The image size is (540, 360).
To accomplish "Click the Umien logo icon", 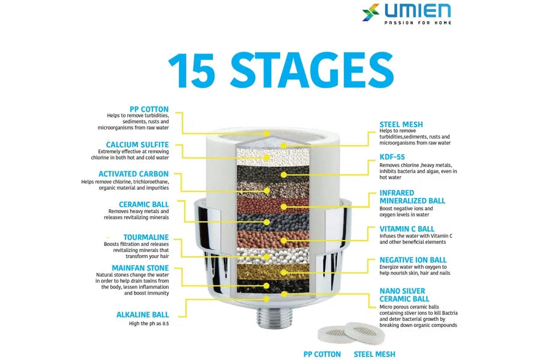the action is point(371,13).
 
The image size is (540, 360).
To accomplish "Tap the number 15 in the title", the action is point(191,71).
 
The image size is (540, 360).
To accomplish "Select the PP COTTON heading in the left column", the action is point(149,109).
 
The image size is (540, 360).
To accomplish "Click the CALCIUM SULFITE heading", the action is point(137,145).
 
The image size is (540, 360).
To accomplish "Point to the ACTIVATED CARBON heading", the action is point(134,174).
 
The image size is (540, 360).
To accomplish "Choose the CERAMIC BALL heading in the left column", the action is point(144,205).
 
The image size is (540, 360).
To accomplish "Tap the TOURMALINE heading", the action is point(146,238).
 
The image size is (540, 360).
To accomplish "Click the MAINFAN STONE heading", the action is point(140,268).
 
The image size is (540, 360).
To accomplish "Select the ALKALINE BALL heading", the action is point(143,314).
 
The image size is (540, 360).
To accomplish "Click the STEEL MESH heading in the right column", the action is point(401,124).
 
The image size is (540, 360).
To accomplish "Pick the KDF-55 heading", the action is point(392,157).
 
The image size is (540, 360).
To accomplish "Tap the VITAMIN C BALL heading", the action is point(407,229).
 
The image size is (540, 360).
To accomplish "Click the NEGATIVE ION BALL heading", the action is point(413,260).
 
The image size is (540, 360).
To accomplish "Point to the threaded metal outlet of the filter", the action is point(274,316).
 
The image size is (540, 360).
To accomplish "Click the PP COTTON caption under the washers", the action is point(322,354).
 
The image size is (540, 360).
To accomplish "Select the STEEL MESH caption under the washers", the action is point(374,354).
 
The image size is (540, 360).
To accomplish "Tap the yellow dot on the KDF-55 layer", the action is point(283,175).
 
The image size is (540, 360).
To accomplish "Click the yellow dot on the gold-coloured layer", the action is point(283,272).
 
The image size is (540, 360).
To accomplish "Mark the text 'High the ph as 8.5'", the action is point(149,323).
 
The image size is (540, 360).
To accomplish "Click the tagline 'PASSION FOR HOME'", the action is point(418,23).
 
